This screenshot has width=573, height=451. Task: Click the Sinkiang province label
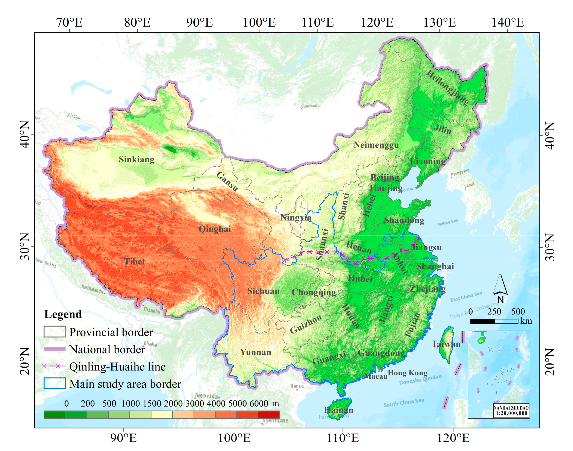pos(136,160)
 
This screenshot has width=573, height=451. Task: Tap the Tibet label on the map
pos(135,262)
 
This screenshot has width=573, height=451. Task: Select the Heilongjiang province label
pos(448,88)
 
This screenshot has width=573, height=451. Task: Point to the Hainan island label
pos(338,410)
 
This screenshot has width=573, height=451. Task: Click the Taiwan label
pos(446,344)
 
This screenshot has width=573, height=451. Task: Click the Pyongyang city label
pos(460,172)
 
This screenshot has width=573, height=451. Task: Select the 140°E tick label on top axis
pos(507,23)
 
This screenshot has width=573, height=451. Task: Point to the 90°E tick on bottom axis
pos(123,438)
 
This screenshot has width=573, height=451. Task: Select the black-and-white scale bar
pos(494,321)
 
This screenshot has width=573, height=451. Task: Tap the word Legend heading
pos(63,314)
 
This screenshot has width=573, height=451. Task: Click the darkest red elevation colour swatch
pos(268,414)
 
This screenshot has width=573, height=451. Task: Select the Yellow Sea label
pos(448,222)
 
